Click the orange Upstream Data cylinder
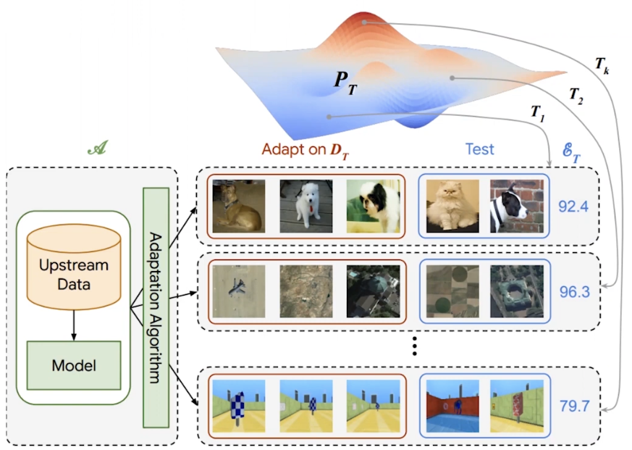[74, 267]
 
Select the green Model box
[74, 365]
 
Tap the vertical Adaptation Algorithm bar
[156, 307]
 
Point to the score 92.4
[573, 207]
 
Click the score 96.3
[574, 291]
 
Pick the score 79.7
[574, 406]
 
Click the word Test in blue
[480, 149]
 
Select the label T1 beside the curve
[538, 112]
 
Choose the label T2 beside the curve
[576, 96]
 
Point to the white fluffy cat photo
[452, 207]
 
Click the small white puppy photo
[306, 207]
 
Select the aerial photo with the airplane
[239, 291]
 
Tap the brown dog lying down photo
[239, 207]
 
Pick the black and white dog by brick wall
[517, 207]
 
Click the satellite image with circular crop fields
[452, 291]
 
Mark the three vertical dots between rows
[414, 346]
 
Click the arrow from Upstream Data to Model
[74, 325]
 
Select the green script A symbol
[98, 148]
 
